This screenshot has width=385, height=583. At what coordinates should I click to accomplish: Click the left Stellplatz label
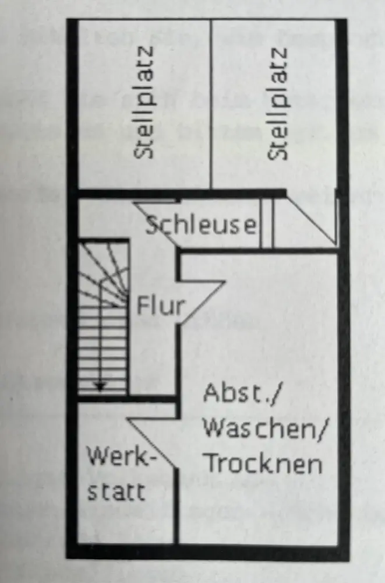pyautogui.click(x=146, y=103)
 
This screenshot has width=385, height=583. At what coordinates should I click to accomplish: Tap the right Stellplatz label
pyautogui.click(x=280, y=103)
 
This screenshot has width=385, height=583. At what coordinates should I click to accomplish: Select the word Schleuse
pyautogui.click(x=200, y=224)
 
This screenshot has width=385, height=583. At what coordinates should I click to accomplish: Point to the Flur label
pyautogui.click(x=160, y=305)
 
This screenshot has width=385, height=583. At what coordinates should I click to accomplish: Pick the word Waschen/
pyautogui.click(x=265, y=430)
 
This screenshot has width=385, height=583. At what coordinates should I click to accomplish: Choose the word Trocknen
pyautogui.click(x=264, y=464)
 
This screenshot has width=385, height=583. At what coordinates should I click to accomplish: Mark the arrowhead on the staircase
pyautogui.click(x=100, y=385)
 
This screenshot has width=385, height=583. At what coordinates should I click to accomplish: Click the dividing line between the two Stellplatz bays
pyautogui.click(x=211, y=105)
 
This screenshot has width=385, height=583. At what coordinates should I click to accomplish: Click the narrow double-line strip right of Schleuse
pyautogui.click(x=266, y=224)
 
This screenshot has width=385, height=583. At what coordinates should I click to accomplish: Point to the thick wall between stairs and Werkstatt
pyautogui.click(x=127, y=399)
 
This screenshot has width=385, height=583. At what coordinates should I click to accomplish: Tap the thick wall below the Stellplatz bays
pyautogui.click(x=181, y=194)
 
